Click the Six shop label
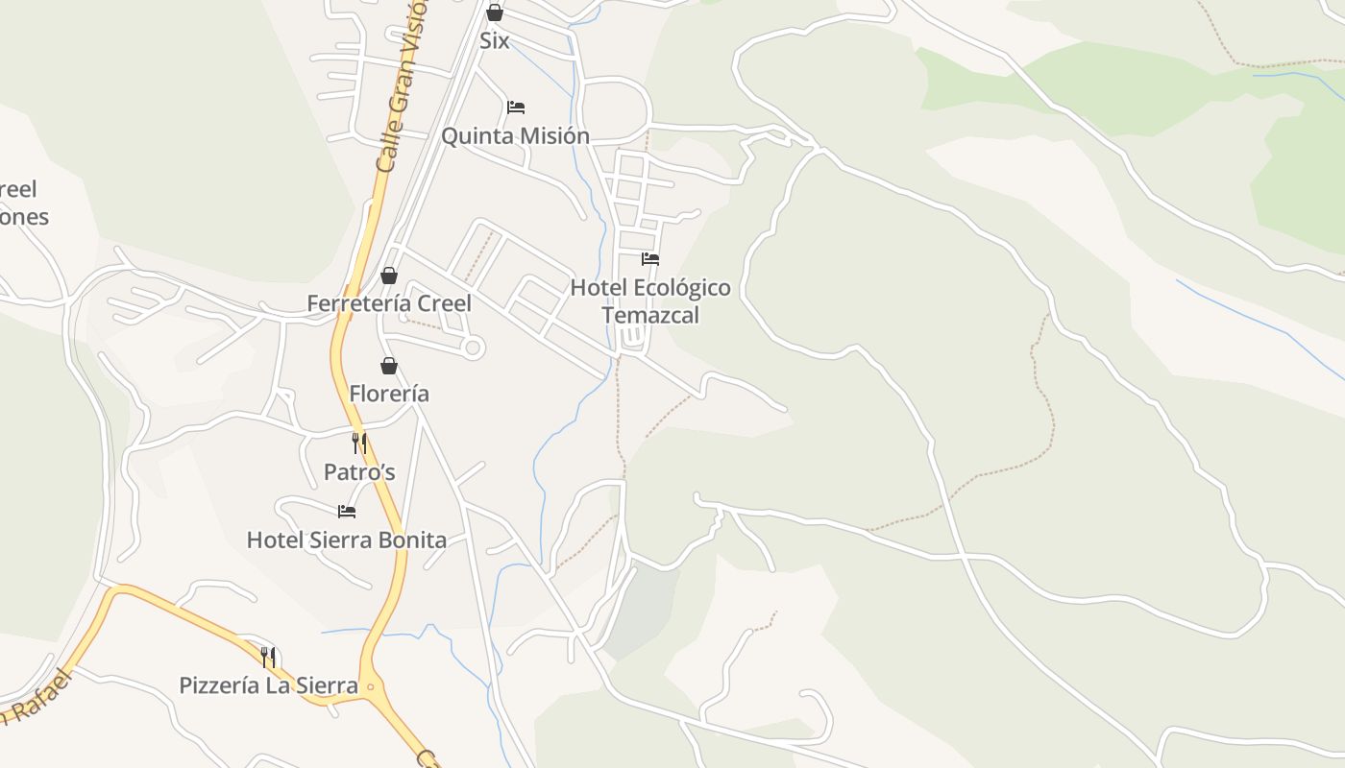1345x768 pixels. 494,41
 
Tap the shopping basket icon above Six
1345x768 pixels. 494,12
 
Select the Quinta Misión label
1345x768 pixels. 515,136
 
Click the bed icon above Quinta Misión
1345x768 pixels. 516,107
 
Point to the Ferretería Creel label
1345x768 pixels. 388,304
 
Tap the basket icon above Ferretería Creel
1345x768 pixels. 389,276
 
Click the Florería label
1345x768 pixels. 389,394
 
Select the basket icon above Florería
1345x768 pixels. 389,366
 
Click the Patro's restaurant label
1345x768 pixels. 359,472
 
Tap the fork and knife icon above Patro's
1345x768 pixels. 359,444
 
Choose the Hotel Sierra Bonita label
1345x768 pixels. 347,540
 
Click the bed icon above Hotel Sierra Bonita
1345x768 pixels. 347,512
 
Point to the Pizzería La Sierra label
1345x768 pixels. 268,686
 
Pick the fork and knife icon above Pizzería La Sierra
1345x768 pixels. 268,658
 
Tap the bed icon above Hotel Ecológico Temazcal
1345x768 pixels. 650,258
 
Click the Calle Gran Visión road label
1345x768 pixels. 402,86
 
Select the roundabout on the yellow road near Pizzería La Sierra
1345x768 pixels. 371,686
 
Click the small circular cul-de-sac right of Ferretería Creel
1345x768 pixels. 472,348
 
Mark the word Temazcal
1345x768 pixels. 650,316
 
